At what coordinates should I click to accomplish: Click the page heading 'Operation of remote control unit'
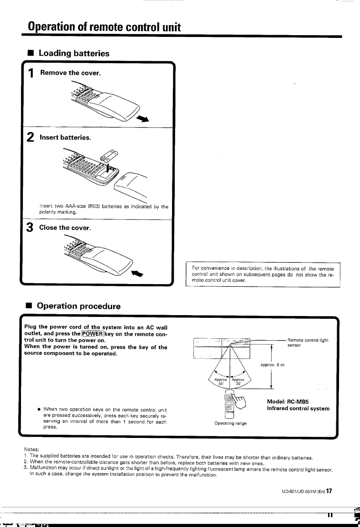[104, 26]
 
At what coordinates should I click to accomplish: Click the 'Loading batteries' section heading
[74, 53]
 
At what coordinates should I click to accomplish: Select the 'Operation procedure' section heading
[79, 306]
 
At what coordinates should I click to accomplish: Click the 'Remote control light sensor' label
[308, 343]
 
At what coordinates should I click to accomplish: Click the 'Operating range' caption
[230, 423]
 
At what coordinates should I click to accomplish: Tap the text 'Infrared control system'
[298, 408]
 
